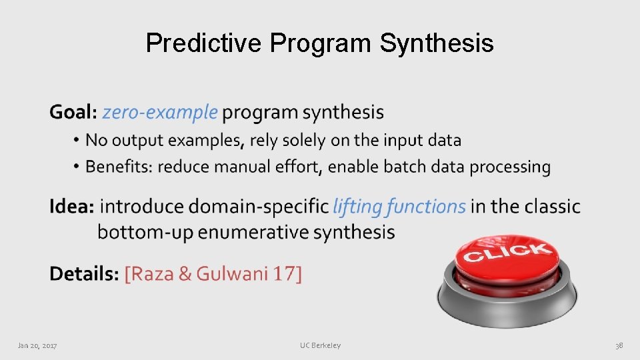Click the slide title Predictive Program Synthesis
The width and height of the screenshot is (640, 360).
click(320, 43)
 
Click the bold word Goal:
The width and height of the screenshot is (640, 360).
click(73, 112)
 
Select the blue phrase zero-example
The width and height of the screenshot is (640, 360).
click(160, 112)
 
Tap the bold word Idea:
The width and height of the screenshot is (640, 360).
click(71, 207)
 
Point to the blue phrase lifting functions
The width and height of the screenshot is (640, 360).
click(399, 207)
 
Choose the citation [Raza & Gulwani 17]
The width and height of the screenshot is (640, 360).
click(213, 273)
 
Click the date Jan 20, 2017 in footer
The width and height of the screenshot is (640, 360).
click(37, 345)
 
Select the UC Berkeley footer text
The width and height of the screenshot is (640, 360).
click(320, 345)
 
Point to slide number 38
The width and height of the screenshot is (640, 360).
click(619, 345)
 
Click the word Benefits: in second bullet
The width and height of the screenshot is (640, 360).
click(119, 167)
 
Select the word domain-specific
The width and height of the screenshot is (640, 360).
click(259, 207)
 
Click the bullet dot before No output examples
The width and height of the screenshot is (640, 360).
click(77, 141)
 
